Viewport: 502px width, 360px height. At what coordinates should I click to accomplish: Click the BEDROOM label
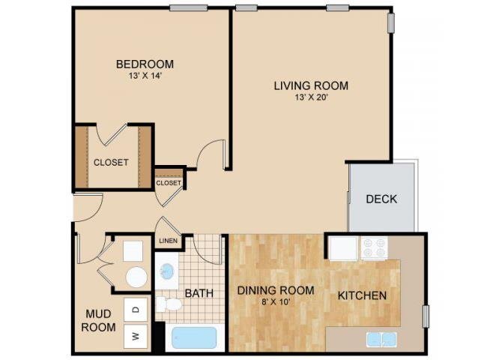click(x=145, y=64)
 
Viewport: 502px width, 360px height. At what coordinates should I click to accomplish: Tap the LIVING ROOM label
click(x=311, y=85)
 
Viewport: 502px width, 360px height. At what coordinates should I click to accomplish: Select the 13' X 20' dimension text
click(x=311, y=97)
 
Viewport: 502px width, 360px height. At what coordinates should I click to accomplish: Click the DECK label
click(x=381, y=199)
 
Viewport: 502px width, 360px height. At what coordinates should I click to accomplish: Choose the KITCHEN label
click(x=362, y=295)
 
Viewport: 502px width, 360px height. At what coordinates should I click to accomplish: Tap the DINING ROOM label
click(x=275, y=290)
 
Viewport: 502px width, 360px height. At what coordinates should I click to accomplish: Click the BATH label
click(x=199, y=295)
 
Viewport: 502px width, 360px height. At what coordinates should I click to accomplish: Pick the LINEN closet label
click(x=168, y=241)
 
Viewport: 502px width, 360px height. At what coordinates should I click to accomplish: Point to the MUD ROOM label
click(x=99, y=321)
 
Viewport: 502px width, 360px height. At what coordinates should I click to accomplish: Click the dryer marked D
click(x=136, y=308)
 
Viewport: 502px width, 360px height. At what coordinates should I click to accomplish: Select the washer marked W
click(x=136, y=336)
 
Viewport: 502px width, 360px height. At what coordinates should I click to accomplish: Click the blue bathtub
click(x=193, y=337)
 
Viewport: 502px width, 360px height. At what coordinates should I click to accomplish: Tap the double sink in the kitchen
click(x=381, y=339)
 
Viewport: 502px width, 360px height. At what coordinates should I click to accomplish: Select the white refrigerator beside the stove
click(x=344, y=248)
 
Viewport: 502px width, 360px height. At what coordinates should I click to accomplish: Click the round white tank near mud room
click(x=136, y=277)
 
